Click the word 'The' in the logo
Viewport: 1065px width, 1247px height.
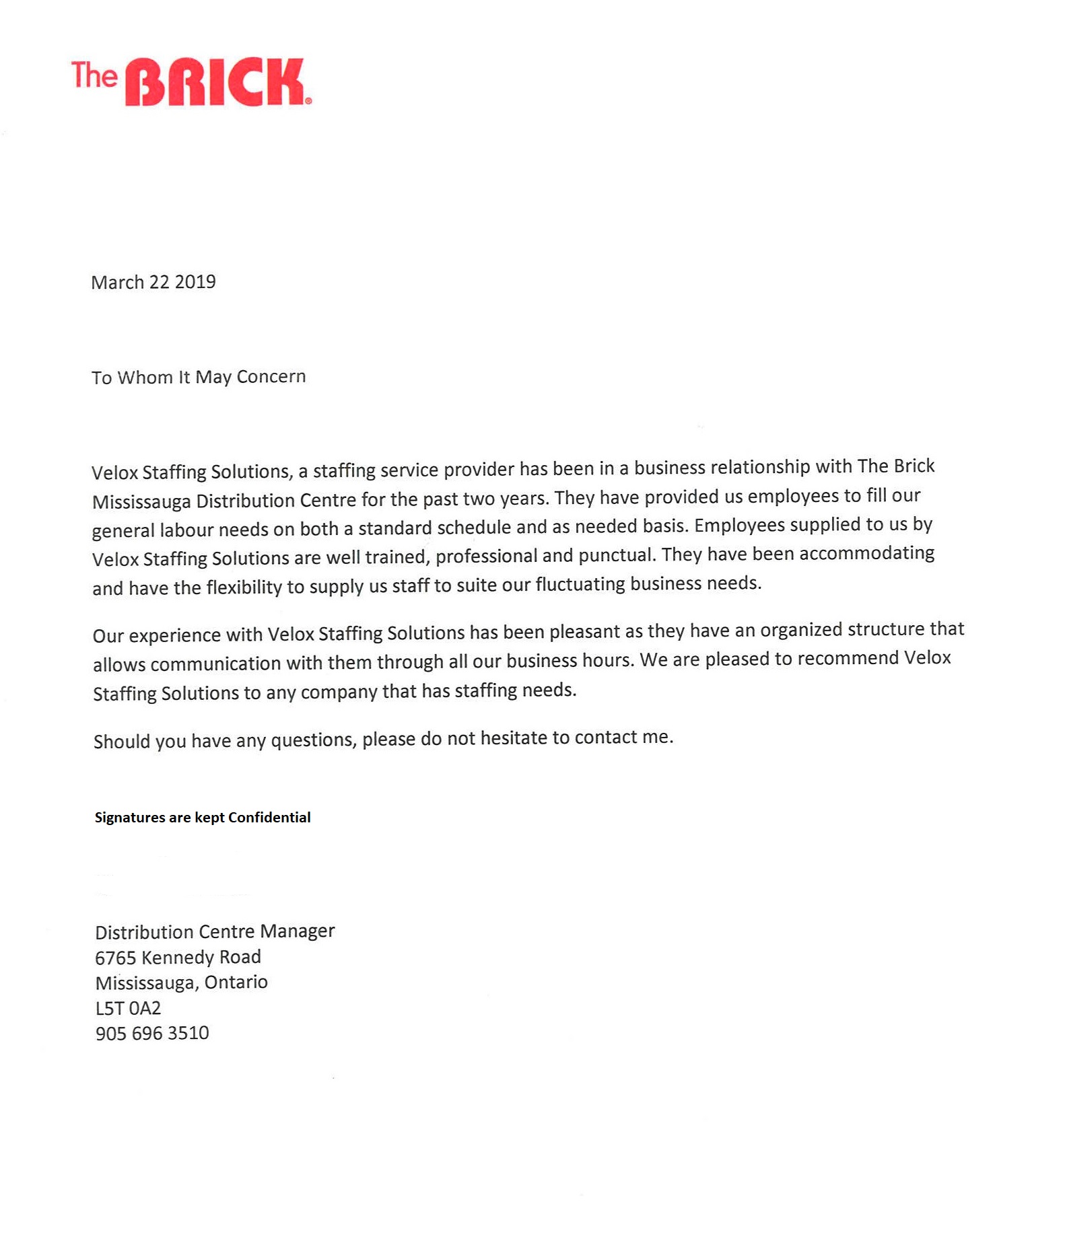pyautogui.click(x=94, y=75)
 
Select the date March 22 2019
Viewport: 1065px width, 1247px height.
pyautogui.click(x=153, y=282)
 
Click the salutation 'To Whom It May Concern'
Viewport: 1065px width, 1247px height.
pyautogui.click(x=199, y=377)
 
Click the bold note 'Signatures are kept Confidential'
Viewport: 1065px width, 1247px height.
pyautogui.click(x=203, y=818)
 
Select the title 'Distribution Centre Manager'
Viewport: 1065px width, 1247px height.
pyautogui.click(x=215, y=931)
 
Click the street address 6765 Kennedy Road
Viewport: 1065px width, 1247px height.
pyautogui.click(x=178, y=957)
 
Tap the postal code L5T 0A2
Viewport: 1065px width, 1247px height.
pyautogui.click(x=128, y=1008)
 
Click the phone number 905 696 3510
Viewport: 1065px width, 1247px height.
pyautogui.click(x=152, y=1033)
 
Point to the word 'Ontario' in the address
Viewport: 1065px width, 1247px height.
pyautogui.click(x=236, y=983)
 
